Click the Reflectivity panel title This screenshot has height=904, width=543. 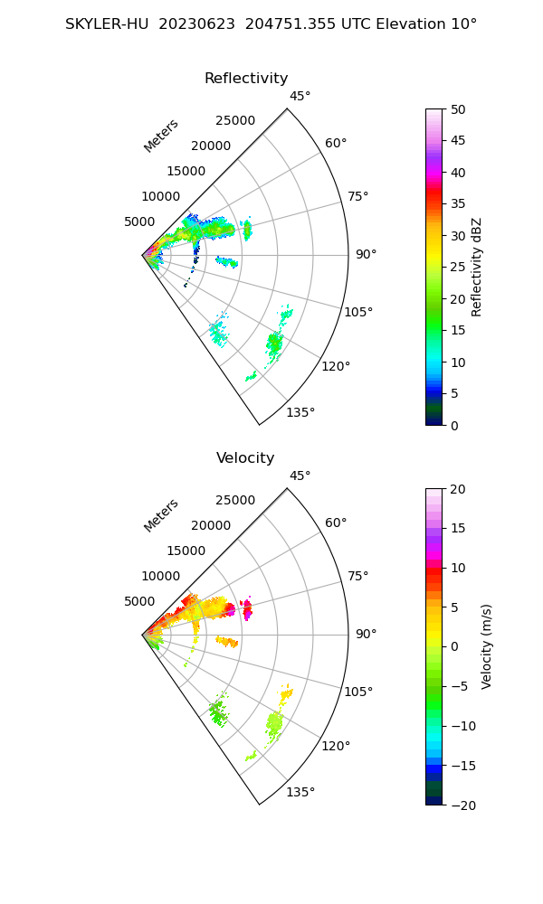246,79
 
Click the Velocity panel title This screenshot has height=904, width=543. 245,458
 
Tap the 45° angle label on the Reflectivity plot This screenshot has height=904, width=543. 300,97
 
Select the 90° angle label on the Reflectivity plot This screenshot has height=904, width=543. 366,255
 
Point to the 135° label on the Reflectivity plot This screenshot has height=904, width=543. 300,413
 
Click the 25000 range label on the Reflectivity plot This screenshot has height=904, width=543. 235,121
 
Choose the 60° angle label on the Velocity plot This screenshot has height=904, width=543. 336,523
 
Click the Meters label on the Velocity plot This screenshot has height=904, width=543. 161,515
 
